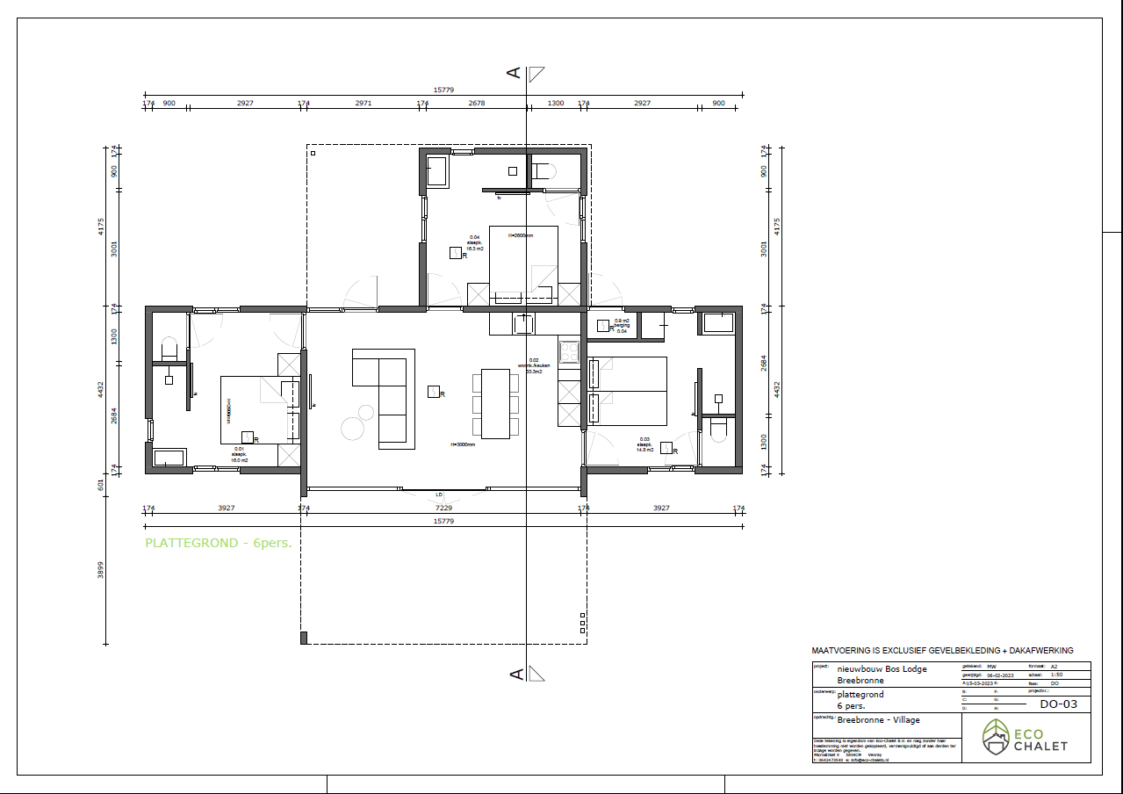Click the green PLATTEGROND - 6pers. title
[x=218, y=543]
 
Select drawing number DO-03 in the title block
[x=1058, y=704]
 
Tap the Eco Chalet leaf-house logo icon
[x=996, y=737]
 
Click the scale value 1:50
[x=1057, y=675]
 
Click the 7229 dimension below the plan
[x=443, y=508]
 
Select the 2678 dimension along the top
[x=476, y=103]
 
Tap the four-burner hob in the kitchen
[x=569, y=350]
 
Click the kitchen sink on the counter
[x=524, y=324]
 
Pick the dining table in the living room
[x=497, y=403]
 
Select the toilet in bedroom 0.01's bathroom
[x=169, y=349]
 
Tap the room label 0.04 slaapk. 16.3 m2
[x=475, y=243]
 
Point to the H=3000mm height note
[x=463, y=444]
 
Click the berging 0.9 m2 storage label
[x=622, y=326]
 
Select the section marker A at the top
[x=515, y=73]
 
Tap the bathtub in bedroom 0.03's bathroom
[x=719, y=322]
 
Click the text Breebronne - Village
[x=879, y=719]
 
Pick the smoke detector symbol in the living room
[x=433, y=393]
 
